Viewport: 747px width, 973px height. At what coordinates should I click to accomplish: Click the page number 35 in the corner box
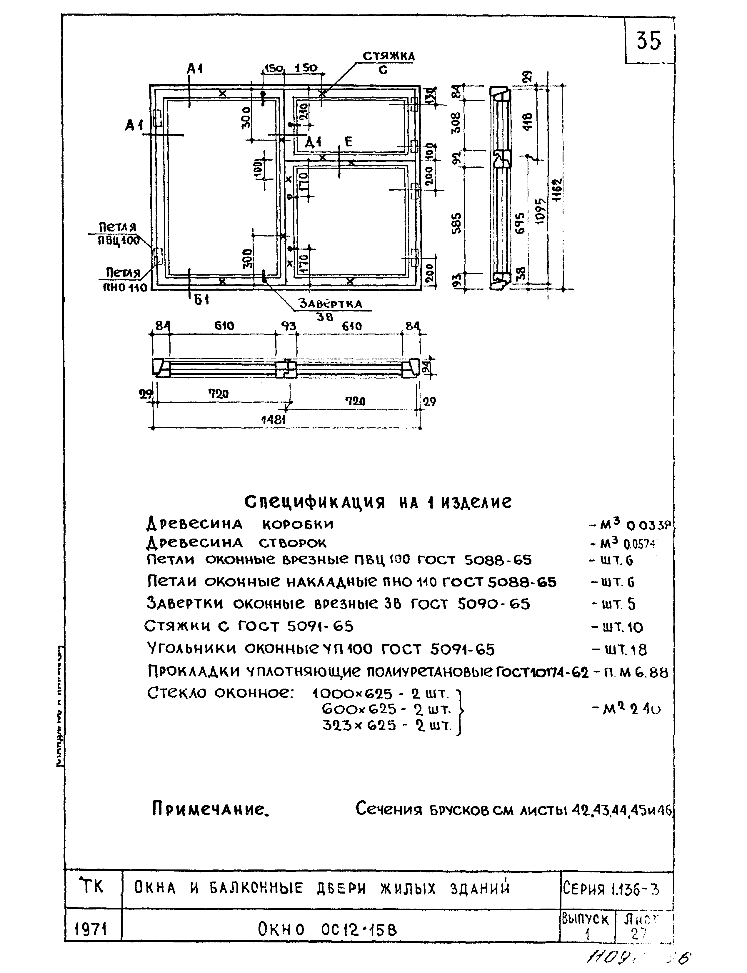click(649, 41)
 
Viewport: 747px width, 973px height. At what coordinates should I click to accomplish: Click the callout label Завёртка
click(330, 304)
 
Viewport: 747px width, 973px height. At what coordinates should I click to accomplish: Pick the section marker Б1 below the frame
click(201, 300)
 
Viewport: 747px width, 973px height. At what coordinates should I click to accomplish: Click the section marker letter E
click(348, 142)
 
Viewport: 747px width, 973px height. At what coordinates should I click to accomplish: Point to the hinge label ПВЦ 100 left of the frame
click(118, 241)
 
